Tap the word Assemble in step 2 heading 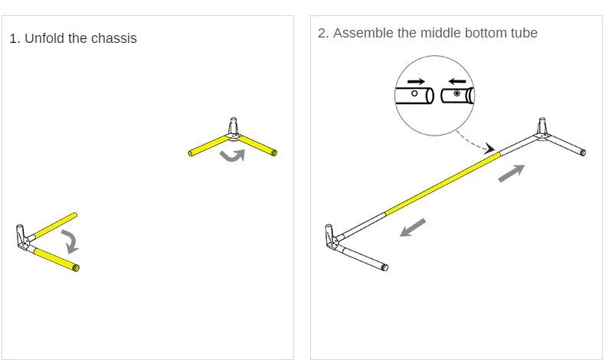pyautogui.click(x=363, y=33)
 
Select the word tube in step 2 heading pyautogui.click(x=524, y=33)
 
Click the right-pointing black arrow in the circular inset pyautogui.click(x=416, y=81)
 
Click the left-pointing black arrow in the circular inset pyautogui.click(x=457, y=81)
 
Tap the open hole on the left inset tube pyautogui.click(x=414, y=93)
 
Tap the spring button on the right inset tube pyautogui.click(x=457, y=93)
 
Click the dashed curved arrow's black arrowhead pyautogui.click(x=489, y=149)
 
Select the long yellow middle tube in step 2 pyautogui.click(x=443, y=183)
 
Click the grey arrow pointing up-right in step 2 pyautogui.click(x=512, y=173)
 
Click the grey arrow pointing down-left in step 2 pyautogui.click(x=413, y=227)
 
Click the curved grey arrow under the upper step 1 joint pyautogui.click(x=233, y=156)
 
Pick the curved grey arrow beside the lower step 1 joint pyautogui.click(x=70, y=241)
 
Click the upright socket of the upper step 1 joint pyautogui.click(x=233, y=126)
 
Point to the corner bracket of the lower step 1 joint pyautogui.click(x=22, y=238)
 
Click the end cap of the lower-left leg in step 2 pyautogui.click(x=384, y=267)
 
